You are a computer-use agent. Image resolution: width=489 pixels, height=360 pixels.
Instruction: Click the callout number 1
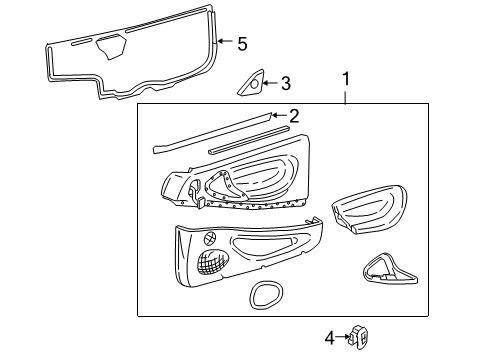click(345, 77)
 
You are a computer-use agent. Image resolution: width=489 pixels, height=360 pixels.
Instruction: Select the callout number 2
click(293, 115)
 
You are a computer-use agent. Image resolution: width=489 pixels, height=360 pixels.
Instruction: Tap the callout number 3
click(285, 84)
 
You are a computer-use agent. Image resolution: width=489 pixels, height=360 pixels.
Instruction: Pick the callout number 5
click(241, 43)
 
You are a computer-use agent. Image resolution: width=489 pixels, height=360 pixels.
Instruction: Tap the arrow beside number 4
click(345, 337)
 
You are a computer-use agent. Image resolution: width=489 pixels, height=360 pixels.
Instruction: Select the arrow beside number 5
click(225, 43)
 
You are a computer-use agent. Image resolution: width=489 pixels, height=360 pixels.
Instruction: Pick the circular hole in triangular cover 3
click(254, 85)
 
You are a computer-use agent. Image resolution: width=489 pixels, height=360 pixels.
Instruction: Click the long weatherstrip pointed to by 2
click(215, 132)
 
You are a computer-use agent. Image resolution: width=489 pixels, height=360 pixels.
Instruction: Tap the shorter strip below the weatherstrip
click(250, 139)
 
